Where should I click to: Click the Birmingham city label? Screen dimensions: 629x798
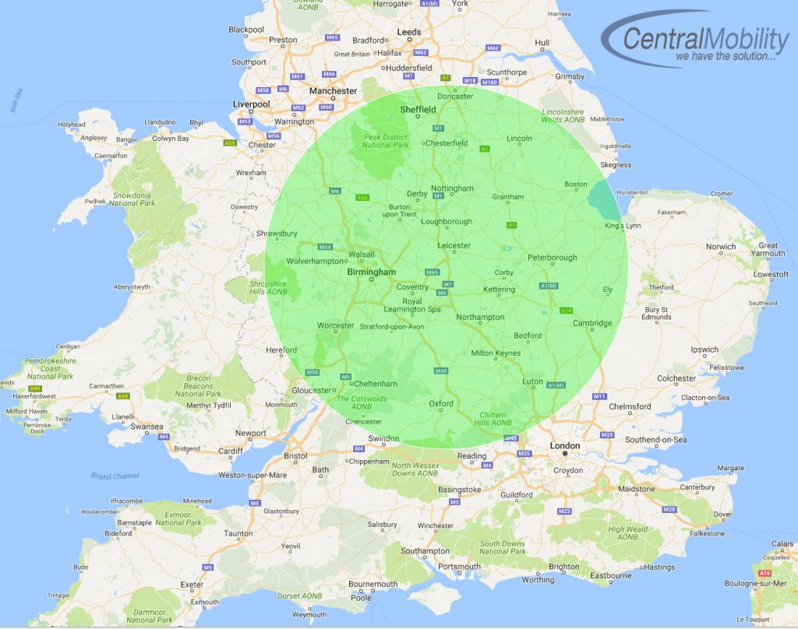[372, 272]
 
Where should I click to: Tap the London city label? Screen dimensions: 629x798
[565, 446]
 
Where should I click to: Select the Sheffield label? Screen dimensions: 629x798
[418, 110]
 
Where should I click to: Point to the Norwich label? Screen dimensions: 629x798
[721, 247]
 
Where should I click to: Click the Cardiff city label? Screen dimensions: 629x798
[231, 450]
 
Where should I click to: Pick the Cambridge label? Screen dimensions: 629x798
[593, 323]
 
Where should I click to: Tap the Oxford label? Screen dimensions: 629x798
[441, 403]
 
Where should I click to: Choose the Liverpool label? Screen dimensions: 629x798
[251, 104]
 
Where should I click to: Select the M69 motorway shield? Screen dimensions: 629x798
[433, 272]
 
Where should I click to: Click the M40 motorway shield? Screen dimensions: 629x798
[441, 371]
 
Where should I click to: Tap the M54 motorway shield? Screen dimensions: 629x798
[326, 247]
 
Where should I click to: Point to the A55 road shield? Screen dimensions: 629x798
[230, 143]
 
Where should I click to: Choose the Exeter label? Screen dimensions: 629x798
[192, 584]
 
